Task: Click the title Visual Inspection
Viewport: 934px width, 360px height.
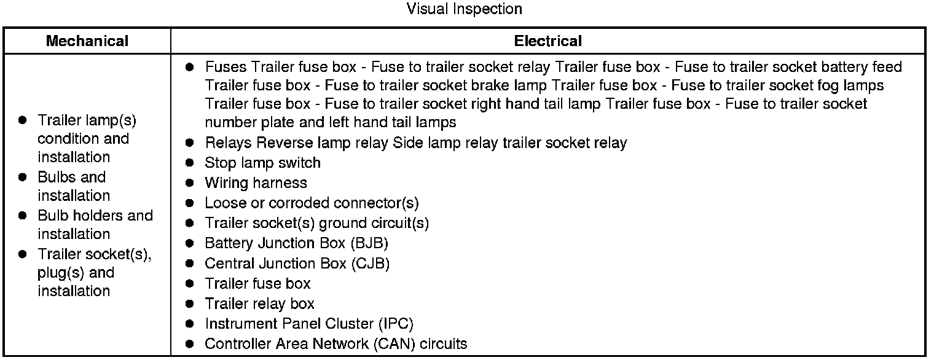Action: (464, 9)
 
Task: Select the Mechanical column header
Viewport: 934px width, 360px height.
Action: (87, 41)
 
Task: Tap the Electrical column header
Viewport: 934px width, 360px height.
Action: (547, 41)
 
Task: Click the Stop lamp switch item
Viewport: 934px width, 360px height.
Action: (262, 163)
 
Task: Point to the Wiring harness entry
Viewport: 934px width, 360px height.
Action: (256, 183)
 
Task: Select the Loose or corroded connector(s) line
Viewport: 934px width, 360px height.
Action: (312, 203)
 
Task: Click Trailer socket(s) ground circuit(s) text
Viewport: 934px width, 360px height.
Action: (316, 223)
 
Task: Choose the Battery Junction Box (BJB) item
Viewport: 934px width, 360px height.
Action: (296, 243)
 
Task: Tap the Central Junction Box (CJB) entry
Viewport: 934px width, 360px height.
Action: (297, 264)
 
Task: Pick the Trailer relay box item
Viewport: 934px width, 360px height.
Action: (259, 303)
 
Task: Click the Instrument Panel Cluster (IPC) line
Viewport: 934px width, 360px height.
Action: (308, 324)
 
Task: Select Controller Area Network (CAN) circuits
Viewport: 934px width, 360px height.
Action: (336, 344)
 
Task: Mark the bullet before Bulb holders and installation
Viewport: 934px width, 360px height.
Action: (23, 216)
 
